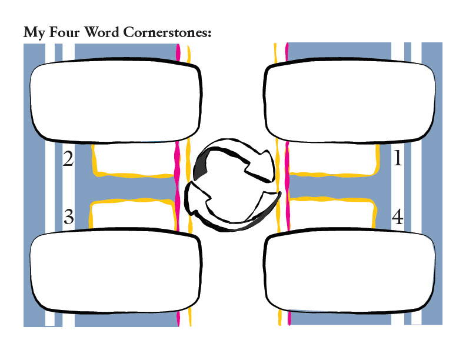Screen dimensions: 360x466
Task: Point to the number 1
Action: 397,159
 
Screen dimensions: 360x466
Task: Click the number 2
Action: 68,159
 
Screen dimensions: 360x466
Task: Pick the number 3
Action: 68,218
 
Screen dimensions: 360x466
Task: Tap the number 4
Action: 397,218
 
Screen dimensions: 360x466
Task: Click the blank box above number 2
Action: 116,101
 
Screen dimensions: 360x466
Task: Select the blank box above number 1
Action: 351,101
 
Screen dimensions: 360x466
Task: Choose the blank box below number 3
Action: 116,272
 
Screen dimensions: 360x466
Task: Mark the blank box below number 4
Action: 351,272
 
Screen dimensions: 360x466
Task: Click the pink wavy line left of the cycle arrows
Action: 178,176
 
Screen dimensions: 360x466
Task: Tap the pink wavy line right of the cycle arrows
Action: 287,176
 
